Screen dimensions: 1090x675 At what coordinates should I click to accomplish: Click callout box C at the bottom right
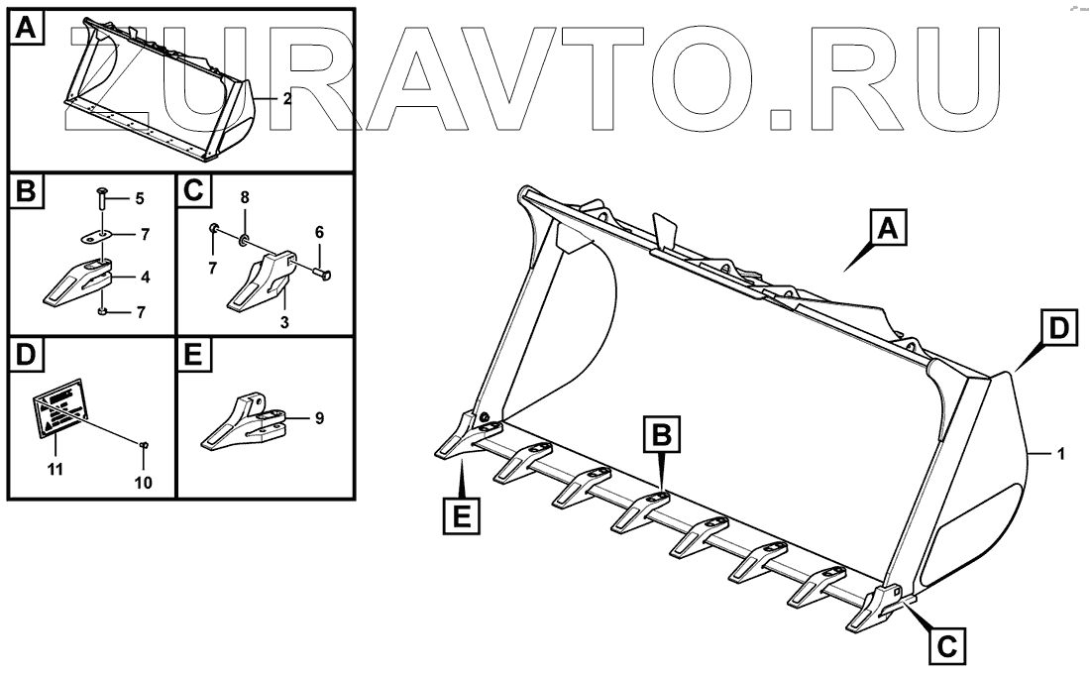[946, 647]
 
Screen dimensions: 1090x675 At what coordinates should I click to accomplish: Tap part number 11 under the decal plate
[55, 468]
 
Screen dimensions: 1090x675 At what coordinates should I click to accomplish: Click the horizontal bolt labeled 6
[320, 273]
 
